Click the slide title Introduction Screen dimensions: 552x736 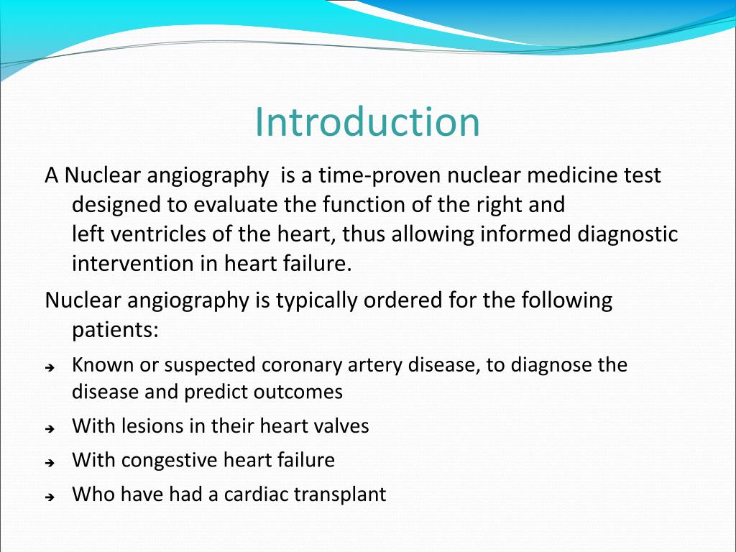click(367, 122)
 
